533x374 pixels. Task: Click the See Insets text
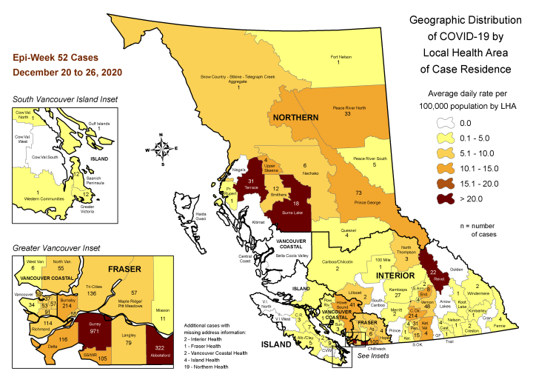pos(375,356)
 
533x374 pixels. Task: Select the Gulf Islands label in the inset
pos(88,124)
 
